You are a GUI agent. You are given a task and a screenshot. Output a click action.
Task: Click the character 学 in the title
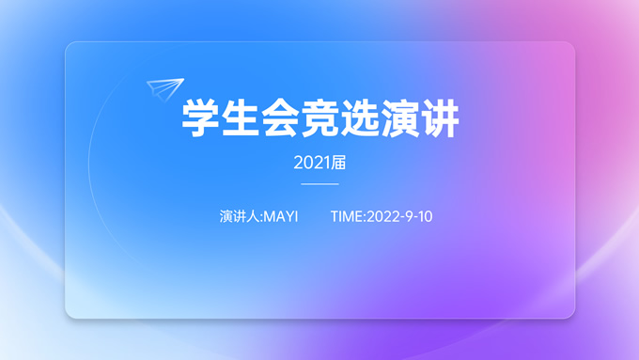tap(199, 119)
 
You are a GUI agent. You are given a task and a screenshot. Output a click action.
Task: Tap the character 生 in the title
tap(240, 119)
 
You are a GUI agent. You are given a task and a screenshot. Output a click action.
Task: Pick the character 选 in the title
tap(360, 119)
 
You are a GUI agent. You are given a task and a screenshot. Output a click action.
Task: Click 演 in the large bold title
tap(400, 119)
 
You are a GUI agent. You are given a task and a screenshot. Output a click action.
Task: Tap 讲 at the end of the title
tap(440, 119)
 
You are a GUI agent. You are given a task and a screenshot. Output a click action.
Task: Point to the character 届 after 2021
tap(339, 163)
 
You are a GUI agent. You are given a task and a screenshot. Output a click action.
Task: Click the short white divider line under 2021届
tap(319, 184)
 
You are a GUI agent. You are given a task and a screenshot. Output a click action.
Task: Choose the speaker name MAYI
tap(281, 217)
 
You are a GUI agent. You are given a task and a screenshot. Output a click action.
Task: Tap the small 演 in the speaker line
tap(226, 217)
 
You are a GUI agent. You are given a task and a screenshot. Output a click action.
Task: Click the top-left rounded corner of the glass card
tap(70, 46)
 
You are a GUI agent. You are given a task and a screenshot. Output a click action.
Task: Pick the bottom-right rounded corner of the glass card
tap(569, 314)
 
